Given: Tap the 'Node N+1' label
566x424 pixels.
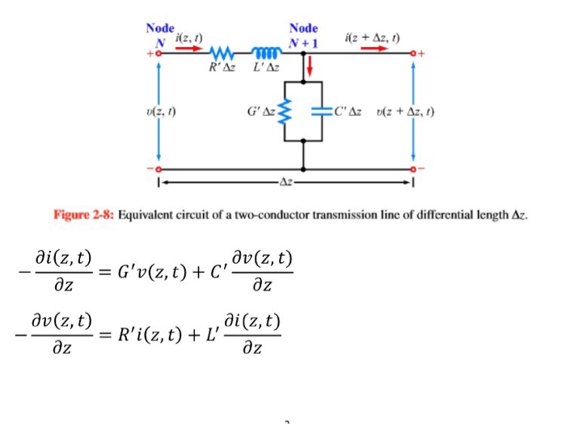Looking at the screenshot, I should click(x=306, y=34).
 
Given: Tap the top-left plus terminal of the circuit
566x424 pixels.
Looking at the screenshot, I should click(x=150, y=51).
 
